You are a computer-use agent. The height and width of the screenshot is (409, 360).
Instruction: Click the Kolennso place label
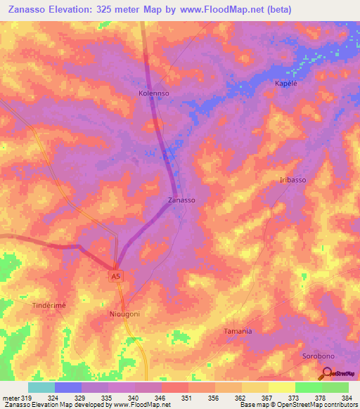(x=153, y=93)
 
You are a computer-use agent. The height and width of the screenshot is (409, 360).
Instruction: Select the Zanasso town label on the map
(x=181, y=200)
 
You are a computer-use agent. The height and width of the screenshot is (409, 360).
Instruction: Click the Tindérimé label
(x=49, y=306)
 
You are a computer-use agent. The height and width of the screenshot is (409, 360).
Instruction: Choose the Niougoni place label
(x=125, y=314)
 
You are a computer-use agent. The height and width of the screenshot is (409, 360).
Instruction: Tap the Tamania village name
(x=238, y=330)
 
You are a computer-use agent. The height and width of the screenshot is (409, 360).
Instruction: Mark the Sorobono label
(x=316, y=356)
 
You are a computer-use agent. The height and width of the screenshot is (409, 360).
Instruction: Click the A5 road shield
(x=115, y=277)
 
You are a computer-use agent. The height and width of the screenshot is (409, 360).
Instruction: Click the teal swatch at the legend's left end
(x=41, y=387)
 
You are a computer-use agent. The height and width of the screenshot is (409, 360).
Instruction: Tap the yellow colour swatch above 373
(x=281, y=387)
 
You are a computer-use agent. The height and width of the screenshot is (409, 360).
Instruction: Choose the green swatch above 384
(x=335, y=387)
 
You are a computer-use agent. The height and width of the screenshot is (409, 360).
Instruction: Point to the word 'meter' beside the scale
(x=10, y=398)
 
